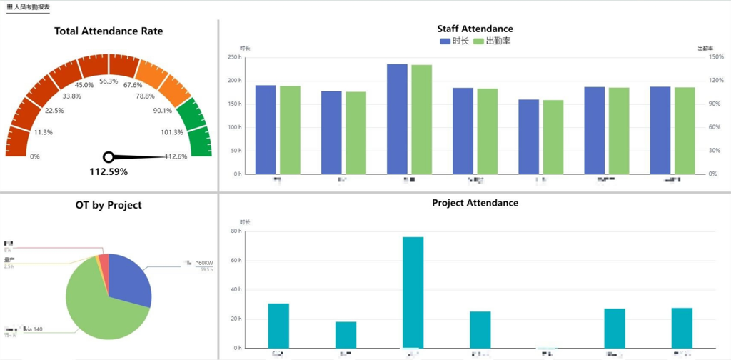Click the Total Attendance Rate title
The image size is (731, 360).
tap(109, 31)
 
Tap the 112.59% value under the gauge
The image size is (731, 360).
tap(109, 171)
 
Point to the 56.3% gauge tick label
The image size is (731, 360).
tap(109, 81)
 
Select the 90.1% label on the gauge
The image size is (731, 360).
tap(162, 111)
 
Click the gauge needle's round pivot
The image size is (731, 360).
tap(109, 156)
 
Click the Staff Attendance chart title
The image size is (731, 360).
tap(475, 29)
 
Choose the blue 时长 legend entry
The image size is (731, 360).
tap(455, 41)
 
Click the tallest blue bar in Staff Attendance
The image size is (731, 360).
tap(397, 119)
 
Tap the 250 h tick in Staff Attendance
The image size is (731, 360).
tap(233, 58)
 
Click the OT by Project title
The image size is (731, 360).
tap(109, 205)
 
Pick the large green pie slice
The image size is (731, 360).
tap(96, 307)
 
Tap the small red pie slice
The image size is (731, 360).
tap(104, 261)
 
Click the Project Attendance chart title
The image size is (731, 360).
tap(475, 203)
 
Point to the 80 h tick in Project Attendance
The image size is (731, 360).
tap(234, 231)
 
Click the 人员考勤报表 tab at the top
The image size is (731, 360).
tap(29, 6)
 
